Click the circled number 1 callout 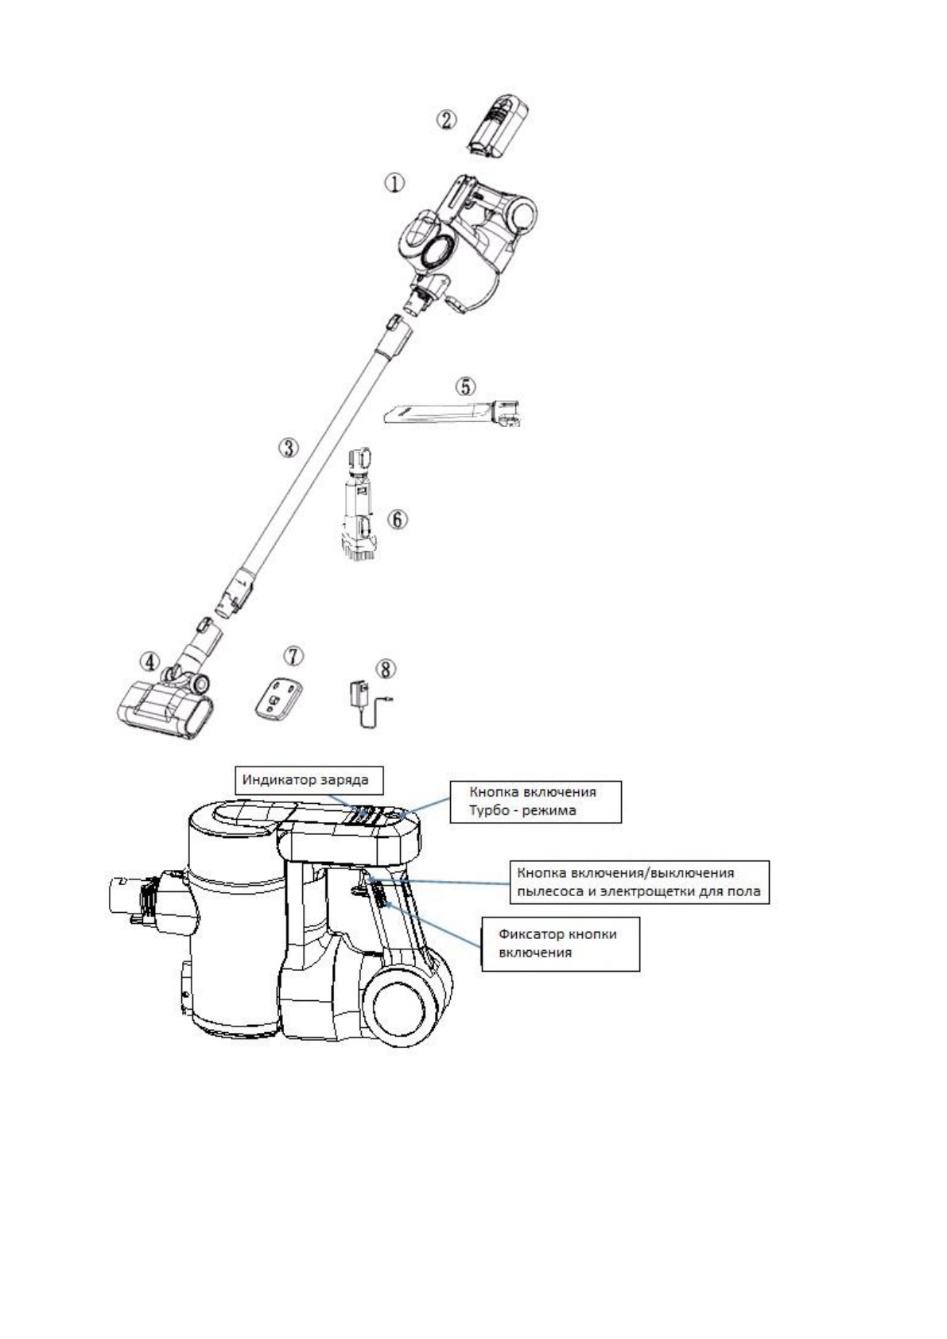click(395, 183)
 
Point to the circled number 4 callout click(149, 661)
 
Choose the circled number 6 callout click(397, 519)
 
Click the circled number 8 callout click(385, 669)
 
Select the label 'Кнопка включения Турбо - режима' click(534, 801)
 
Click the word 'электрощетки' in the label click(627, 891)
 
